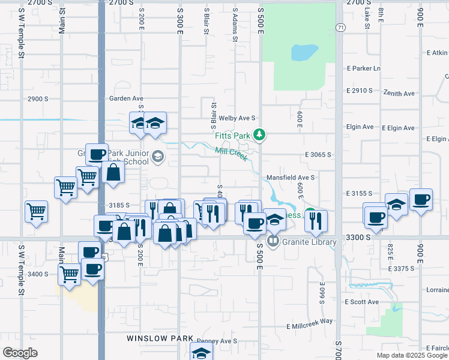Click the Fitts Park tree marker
pos(259,135)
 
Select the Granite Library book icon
pos(273,241)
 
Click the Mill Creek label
pos(231,154)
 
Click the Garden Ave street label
pos(126,98)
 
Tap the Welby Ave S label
pos(238,118)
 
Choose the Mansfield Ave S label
pos(291,178)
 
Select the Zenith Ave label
pos(400,94)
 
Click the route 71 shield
pos(340,28)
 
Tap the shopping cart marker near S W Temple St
pos(37,211)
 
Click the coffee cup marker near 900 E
pos(421,199)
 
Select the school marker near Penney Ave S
pos(201,352)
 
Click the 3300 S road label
pos(360,238)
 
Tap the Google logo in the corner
pos(20,353)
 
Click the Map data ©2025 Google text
pos(412,355)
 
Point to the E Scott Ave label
pos(362,302)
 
